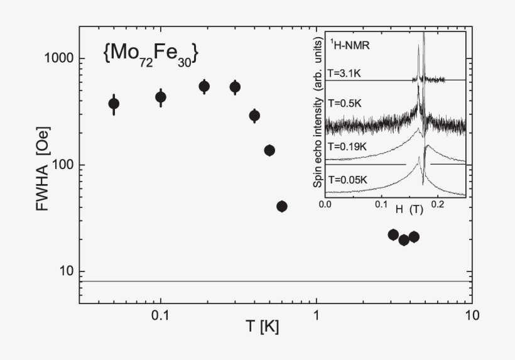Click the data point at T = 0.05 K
113,104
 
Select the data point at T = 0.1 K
161,97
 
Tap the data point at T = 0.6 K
282,206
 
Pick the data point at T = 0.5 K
269,150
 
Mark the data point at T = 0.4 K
254,116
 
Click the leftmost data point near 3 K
393,234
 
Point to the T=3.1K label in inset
349,73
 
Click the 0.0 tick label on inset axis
325,204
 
